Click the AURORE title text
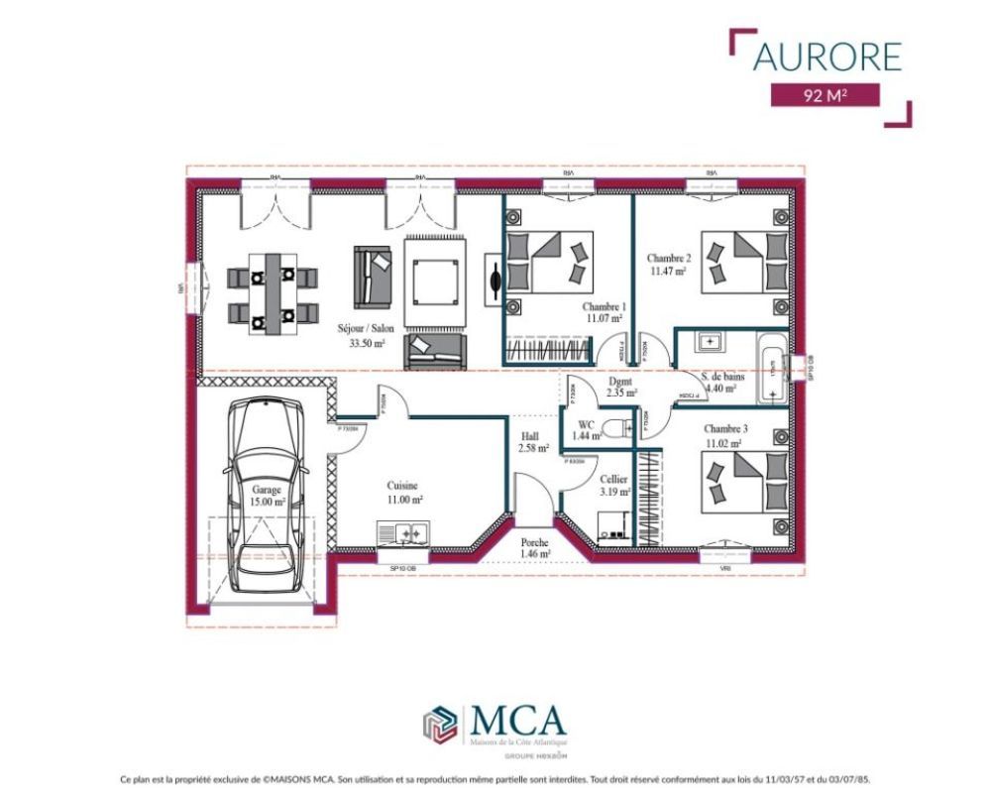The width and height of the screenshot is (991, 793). (x=826, y=57)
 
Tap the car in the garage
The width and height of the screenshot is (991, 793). (x=265, y=496)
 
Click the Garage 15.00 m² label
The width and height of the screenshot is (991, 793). (x=268, y=496)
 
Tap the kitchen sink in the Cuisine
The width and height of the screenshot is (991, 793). (x=403, y=536)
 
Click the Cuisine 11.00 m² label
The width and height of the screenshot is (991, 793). (x=404, y=494)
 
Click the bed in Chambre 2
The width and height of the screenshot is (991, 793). (x=745, y=263)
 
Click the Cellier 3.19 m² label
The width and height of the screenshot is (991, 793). (x=613, y=485)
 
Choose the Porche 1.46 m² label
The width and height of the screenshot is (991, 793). (x=535, y=549)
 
